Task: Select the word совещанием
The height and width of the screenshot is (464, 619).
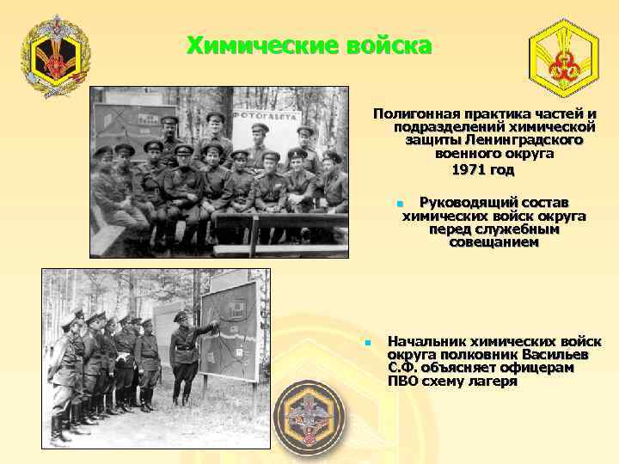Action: pyautogui.click(x=493, y=243)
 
